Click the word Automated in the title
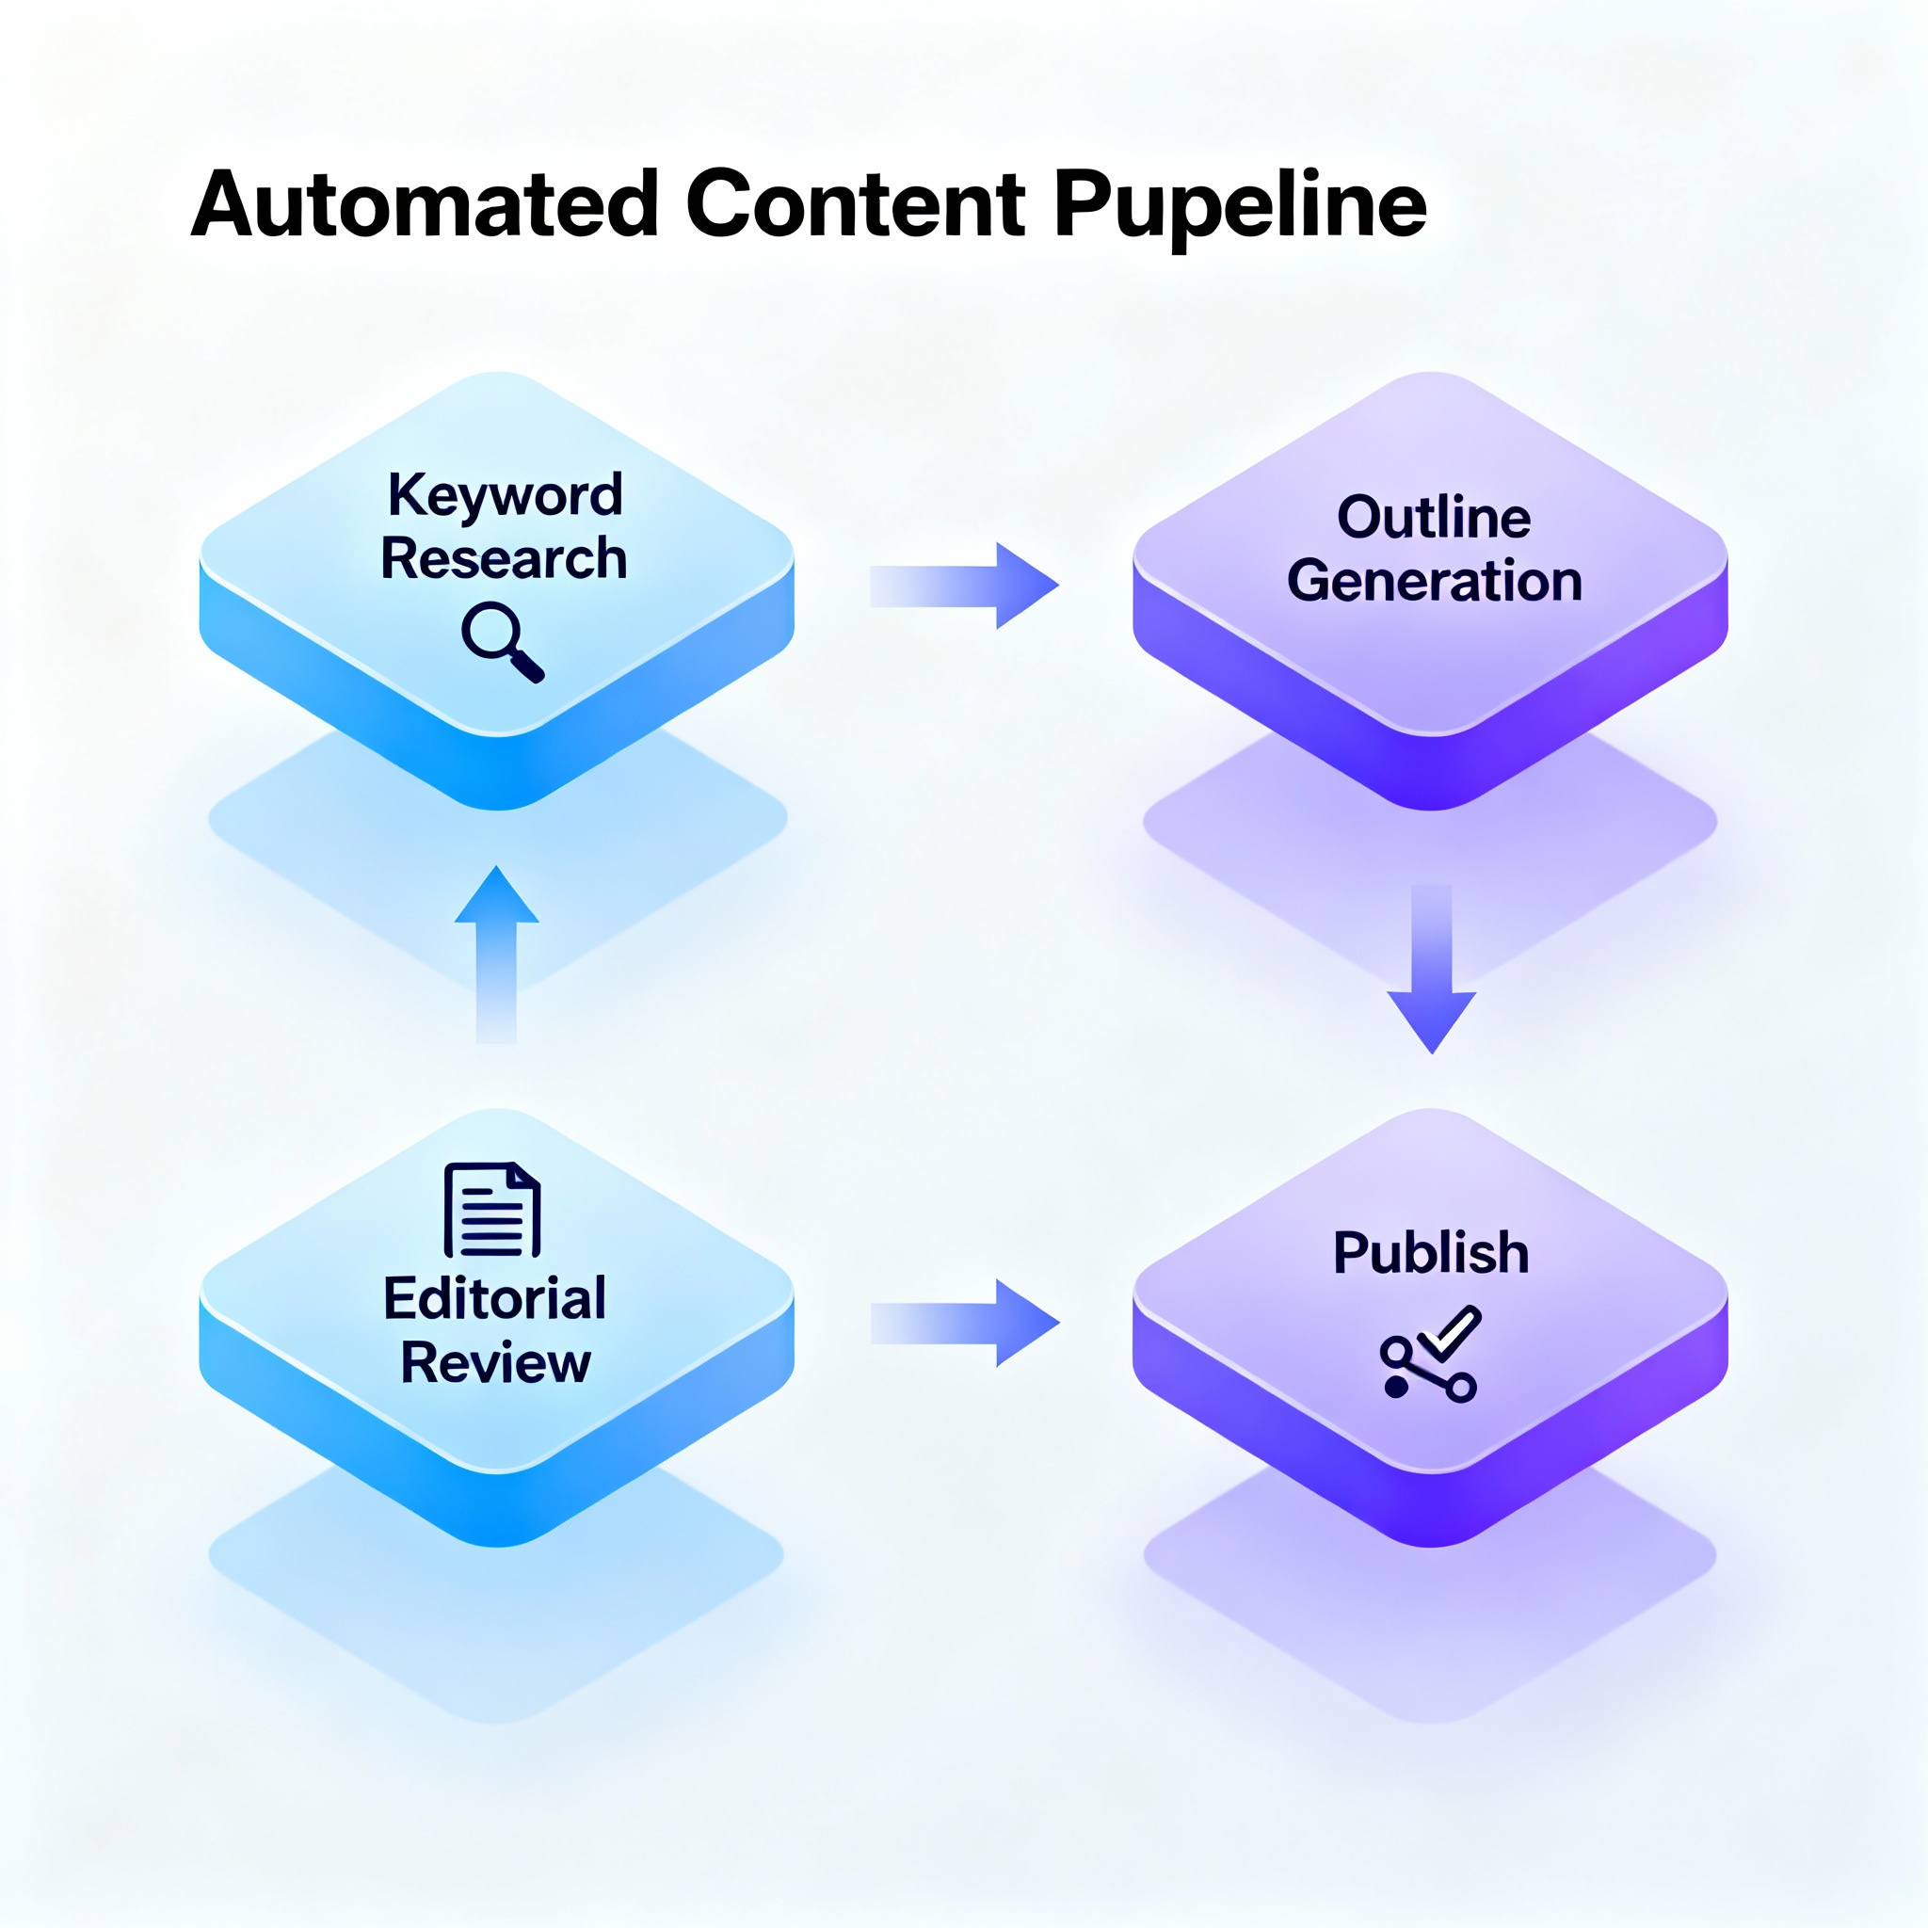pos(425,204)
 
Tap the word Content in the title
pos(855,204)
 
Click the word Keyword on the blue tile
pos(505,495)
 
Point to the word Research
pos(504,558)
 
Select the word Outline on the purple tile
pos(1433,517)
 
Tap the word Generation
pos(1434,581)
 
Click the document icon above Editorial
pos(492,1210)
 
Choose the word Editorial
pos(495,1298)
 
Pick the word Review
pos(496,1362)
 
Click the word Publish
pos(1431,1252)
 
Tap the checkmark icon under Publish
pos(1449,1332)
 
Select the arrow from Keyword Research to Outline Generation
pos(963,586)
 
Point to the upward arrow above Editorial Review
pos(496,953)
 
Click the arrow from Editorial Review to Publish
pos(963,1324)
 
